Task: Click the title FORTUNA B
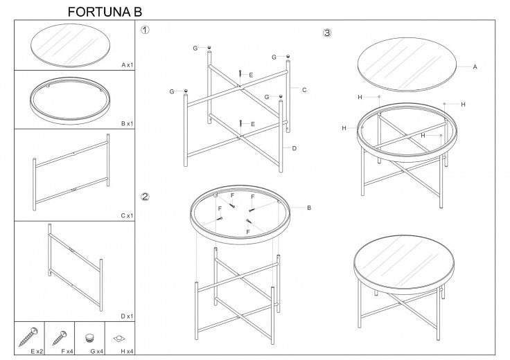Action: coord(105,12)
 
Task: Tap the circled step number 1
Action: coord(145,30)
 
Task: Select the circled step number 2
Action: coord(145,197)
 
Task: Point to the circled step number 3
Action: coord(327,33)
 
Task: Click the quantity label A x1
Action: coord(127,65)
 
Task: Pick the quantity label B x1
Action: coord(127,123)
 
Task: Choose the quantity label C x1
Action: coord(127,216)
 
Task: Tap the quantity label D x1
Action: coord(127,316)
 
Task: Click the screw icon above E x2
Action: coord(28,336)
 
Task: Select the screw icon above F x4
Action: coord(60,338)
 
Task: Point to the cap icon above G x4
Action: coord(89,338)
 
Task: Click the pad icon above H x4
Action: coord(119,339)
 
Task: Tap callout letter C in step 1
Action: coord(304,90)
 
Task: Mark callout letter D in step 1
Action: coord(294,148)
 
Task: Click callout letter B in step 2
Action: coord(309,208)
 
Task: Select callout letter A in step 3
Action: coord(475,67)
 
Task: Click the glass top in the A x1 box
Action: coord(70,45)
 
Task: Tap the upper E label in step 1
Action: coord(251,75)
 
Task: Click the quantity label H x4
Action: coord(127,351)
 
